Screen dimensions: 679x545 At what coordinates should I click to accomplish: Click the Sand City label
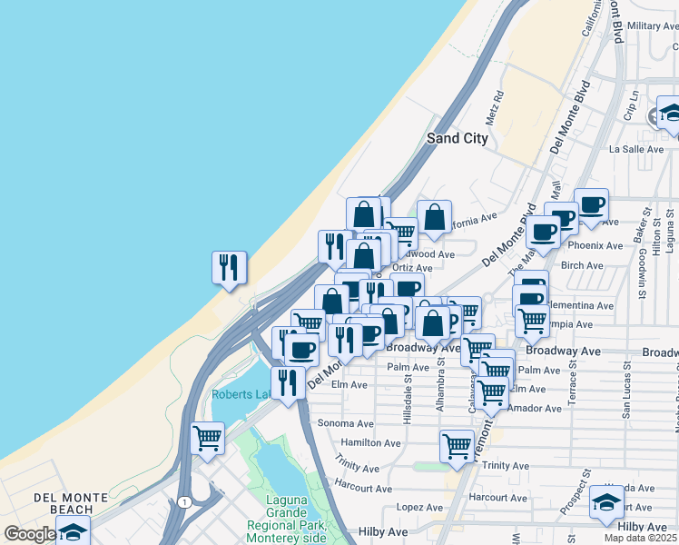point(458,139)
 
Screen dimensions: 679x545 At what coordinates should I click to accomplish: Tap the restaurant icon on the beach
point(229,268)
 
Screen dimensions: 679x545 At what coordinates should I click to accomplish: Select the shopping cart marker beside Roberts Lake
point(208,439)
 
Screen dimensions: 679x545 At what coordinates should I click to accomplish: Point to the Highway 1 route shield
point(185,502)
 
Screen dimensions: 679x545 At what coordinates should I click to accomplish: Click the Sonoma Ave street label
point(345,423)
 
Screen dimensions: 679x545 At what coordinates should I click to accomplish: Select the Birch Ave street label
point(582,266)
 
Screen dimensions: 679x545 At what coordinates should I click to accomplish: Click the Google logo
point(29,533)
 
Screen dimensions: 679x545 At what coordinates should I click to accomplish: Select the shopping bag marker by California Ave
point(434,216)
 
